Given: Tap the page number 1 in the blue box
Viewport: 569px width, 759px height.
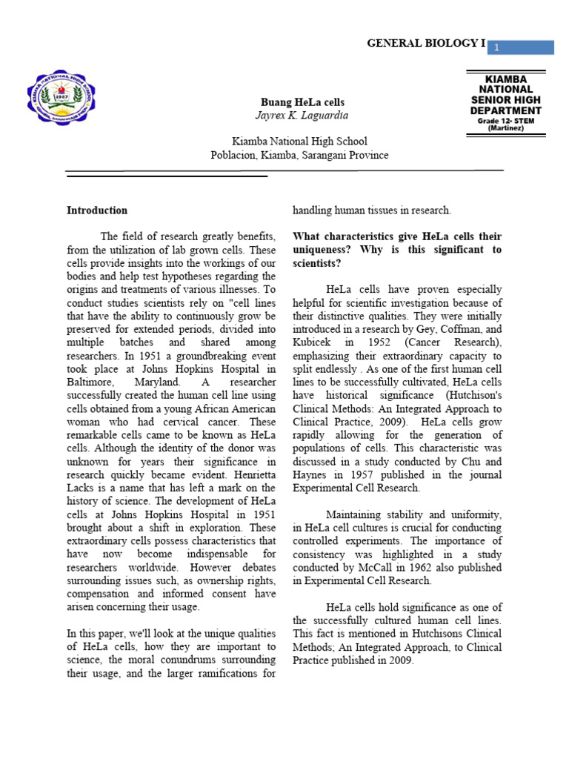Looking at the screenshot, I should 498,47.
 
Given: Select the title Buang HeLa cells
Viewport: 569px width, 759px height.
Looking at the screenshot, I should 302,102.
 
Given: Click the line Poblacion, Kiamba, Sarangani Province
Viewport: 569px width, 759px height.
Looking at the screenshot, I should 299,155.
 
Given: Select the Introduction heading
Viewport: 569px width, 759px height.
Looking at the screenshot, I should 97,211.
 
